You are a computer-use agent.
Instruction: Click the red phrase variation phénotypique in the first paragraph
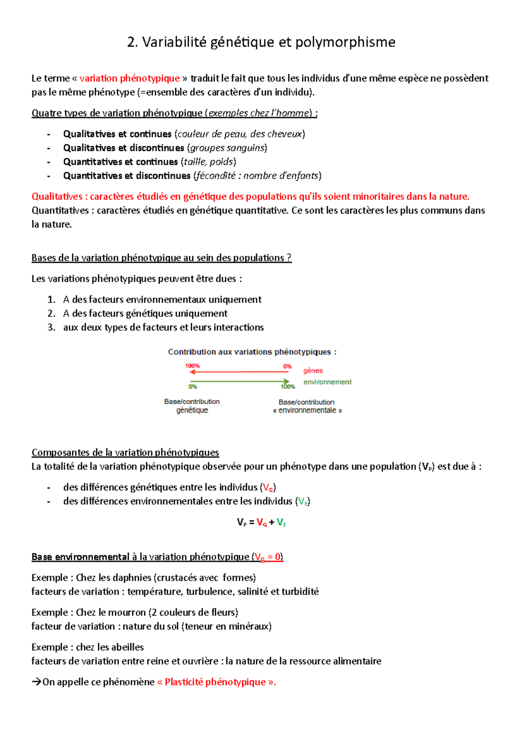[x=130, y=78]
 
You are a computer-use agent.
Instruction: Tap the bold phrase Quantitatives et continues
[x=120, y=162]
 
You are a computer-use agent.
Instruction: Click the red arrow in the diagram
[x=239, y=372]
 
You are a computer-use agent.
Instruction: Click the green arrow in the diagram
[x=239, y=382]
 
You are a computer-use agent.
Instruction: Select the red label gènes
[x=313, y=371]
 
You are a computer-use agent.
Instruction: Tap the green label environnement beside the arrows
[x=327, y=382]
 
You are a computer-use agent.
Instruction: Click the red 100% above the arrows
[x=192, y=366]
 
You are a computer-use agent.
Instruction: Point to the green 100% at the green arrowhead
[x=288, y=387]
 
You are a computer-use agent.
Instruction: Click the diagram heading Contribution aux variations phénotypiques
[x=252, y=352]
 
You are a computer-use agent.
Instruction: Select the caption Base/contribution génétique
[x=192, y=406]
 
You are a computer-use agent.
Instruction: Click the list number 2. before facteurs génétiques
[x=51, y=313]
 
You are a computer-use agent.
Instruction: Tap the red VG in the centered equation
[x=261, y=522]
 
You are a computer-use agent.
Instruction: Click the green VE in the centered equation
[x=281, y=522]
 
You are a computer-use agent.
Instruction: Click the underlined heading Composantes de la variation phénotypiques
[x=125, y=453]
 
